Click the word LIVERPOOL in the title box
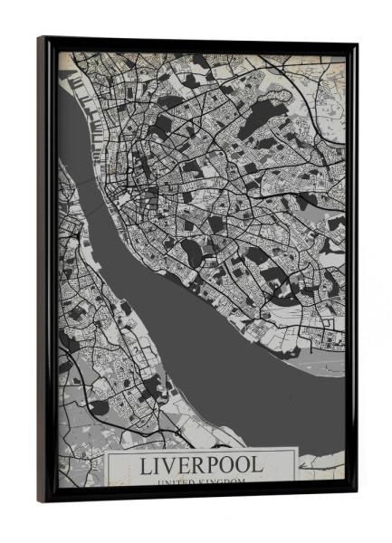click(x=202, y=466)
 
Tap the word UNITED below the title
click(x=176, y=484)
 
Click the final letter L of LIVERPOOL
click(x=258, y=466)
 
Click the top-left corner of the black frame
click(x=41, y=39)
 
